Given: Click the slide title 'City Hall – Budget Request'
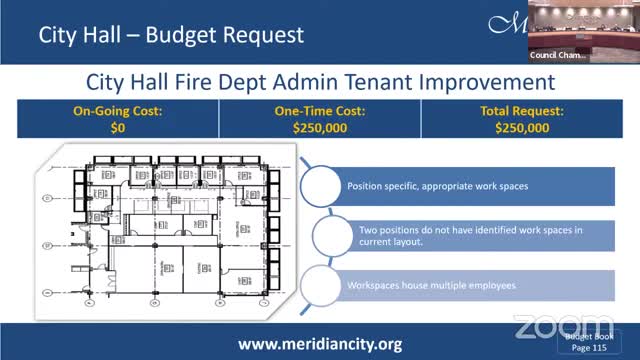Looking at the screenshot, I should coord(170,36).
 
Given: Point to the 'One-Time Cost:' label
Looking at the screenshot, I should coord(321,113).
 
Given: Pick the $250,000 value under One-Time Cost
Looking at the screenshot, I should coord(321,129).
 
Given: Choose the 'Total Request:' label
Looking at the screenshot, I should coord(521,113).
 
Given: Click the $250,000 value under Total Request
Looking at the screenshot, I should coord(521,129).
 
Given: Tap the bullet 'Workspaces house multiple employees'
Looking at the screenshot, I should coord(432,286).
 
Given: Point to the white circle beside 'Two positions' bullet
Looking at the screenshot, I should coord(335,236).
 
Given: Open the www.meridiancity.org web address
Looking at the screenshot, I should coord(320,343).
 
